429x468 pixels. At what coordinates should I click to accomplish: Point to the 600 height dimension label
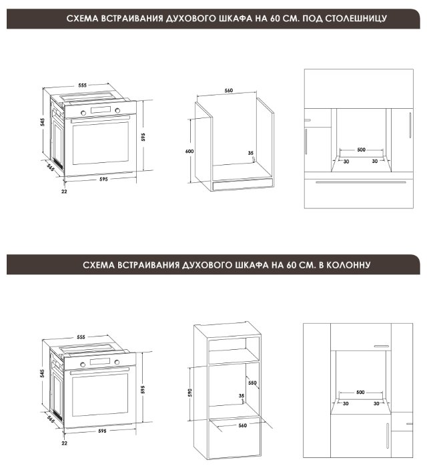click(x=189, y=152)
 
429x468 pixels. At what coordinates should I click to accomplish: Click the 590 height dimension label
click(x=190, y=393)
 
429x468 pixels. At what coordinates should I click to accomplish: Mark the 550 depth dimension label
click(x=252, y=383)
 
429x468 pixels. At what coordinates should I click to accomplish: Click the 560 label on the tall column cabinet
click(x=243, y=425)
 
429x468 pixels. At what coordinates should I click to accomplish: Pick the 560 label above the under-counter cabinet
click(x=229, y=90)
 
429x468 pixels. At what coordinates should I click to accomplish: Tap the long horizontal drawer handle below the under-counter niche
click(x=361, y=182)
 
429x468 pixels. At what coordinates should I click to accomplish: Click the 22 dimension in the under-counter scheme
click(x=64, y=192)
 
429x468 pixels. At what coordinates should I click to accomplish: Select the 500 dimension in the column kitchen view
click(x=360, y=392)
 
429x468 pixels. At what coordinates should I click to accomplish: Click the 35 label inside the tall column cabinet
click(x=242, y=396)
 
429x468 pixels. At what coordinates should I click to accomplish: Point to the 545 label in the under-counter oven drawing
click(x=43, y=122)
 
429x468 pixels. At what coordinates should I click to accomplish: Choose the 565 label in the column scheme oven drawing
click(x=51, y=419)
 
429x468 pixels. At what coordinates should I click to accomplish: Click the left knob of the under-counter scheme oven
click(x=83, y=113)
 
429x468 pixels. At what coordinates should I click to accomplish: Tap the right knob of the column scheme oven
click(x=117, y=362)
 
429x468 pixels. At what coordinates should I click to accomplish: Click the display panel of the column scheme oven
click(x=100, y=361)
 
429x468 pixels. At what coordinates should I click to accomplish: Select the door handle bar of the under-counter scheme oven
click(x=100, y=120)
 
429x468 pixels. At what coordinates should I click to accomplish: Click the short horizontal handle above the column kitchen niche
click(x=382, y=346)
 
